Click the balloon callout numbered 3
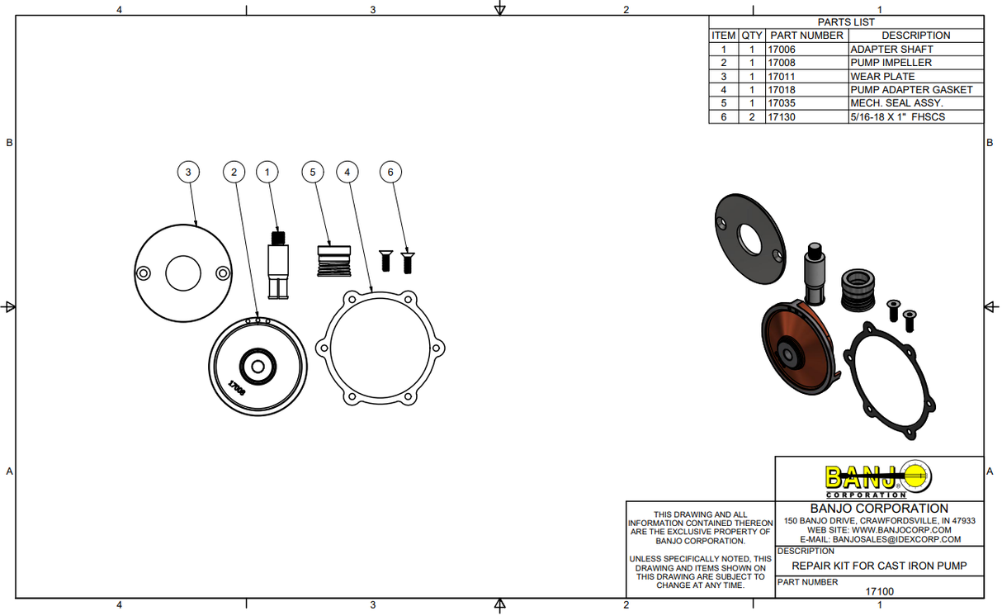point(189,172)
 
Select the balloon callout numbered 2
point(234,172)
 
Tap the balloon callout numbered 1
point(267,172)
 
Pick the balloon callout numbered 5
point(313,172)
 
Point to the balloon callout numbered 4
point(347,172)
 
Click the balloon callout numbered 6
point(390,172)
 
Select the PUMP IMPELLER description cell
point(891,63)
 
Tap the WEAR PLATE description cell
point(882,77)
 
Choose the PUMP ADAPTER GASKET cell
point(911,90)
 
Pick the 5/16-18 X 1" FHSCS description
point(897,117)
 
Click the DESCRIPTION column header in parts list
point(915,36)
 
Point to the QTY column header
point(751,36)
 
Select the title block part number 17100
point(879,591)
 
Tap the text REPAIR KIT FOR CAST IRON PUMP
point(879,566)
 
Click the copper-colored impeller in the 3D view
point(798,349)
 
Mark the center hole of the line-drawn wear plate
point(182,273)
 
